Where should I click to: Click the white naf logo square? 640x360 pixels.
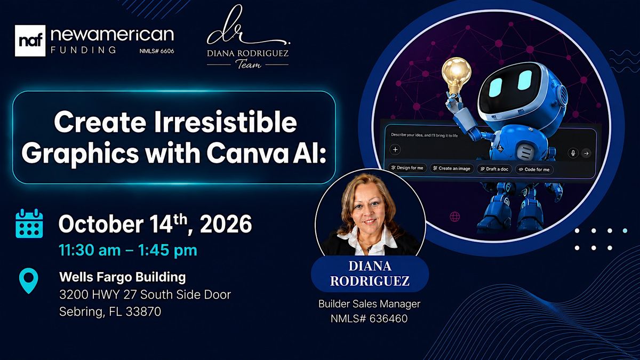30,41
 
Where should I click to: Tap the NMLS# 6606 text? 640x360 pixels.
157,51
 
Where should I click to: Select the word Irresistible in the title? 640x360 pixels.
226,122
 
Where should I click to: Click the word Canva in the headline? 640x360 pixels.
247,154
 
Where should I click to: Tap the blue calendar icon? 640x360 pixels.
29,223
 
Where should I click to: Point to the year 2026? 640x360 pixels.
226,224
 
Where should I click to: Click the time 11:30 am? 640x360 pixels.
90,250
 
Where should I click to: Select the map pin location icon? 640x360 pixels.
29,281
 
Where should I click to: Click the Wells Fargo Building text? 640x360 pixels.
123,277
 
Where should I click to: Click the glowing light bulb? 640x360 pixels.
457,75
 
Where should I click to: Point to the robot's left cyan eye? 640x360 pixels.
495,87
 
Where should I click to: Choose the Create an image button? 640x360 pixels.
452,169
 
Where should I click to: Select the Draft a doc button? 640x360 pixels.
494,169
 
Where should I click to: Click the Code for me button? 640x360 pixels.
534,170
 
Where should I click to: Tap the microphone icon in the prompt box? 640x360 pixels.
573,153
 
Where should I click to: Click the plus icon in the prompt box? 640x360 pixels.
395,149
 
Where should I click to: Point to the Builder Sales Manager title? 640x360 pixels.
369,303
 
